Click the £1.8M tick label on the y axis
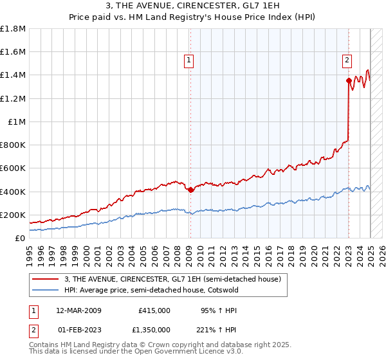coord(13,29)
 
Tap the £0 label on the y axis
coord(20,238)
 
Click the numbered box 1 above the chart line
coord(189,60)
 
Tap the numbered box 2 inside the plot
coord(347,60)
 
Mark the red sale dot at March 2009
coord(190,190)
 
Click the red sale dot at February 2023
coord(349,81)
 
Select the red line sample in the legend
coord(45,280)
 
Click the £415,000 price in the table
coord(154,310)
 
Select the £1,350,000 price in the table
coord(150,330)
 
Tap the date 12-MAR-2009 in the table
coord(79,310)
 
